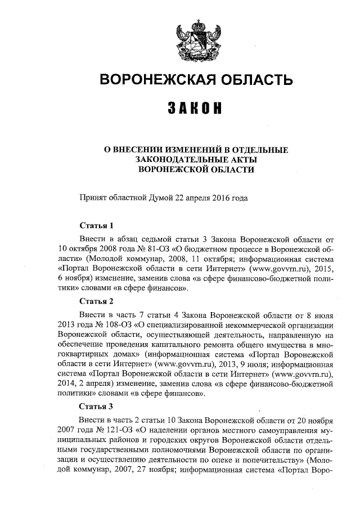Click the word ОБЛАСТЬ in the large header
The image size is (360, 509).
click(250, 80)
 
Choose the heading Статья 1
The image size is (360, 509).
click(97, 226)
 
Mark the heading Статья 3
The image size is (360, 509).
click(97, 407)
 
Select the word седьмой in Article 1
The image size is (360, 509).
click(165, 238)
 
